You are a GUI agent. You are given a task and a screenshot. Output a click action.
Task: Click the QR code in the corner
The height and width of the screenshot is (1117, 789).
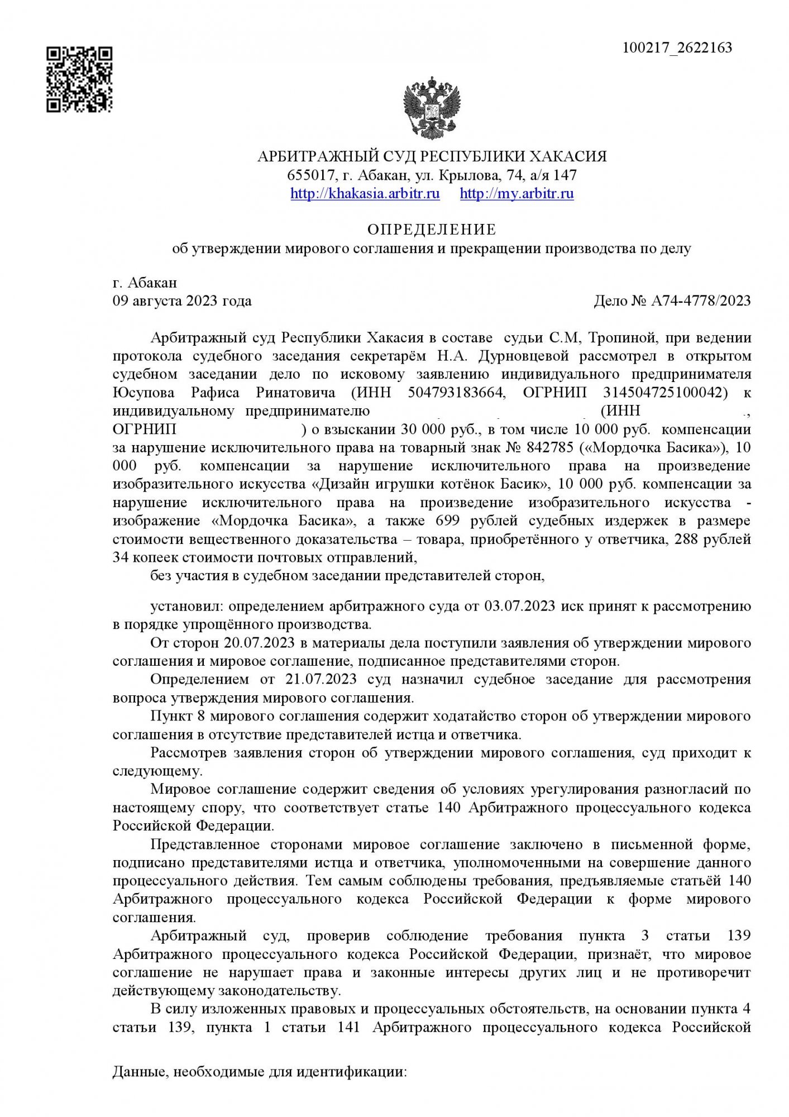pos(79,79)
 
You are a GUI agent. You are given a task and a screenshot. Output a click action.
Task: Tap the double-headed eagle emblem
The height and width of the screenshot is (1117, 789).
pos(432,106)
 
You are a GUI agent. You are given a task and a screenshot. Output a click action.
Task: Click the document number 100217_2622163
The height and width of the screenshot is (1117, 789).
pos(677,48)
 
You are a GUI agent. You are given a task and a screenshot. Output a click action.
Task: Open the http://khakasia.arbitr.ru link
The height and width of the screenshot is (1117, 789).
pos(365,194)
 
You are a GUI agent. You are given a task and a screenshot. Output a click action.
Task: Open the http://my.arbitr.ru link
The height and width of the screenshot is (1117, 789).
pos(517,194)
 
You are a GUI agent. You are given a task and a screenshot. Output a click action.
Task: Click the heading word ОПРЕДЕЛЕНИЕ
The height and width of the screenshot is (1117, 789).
pos(431,230)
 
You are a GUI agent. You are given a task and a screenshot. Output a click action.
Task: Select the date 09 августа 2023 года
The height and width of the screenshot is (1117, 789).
pos(182,301)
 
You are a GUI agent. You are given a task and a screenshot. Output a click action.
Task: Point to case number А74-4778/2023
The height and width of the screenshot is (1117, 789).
pos(701,301)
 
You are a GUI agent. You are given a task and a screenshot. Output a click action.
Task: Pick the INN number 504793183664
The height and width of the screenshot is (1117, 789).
pos(456,393)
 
